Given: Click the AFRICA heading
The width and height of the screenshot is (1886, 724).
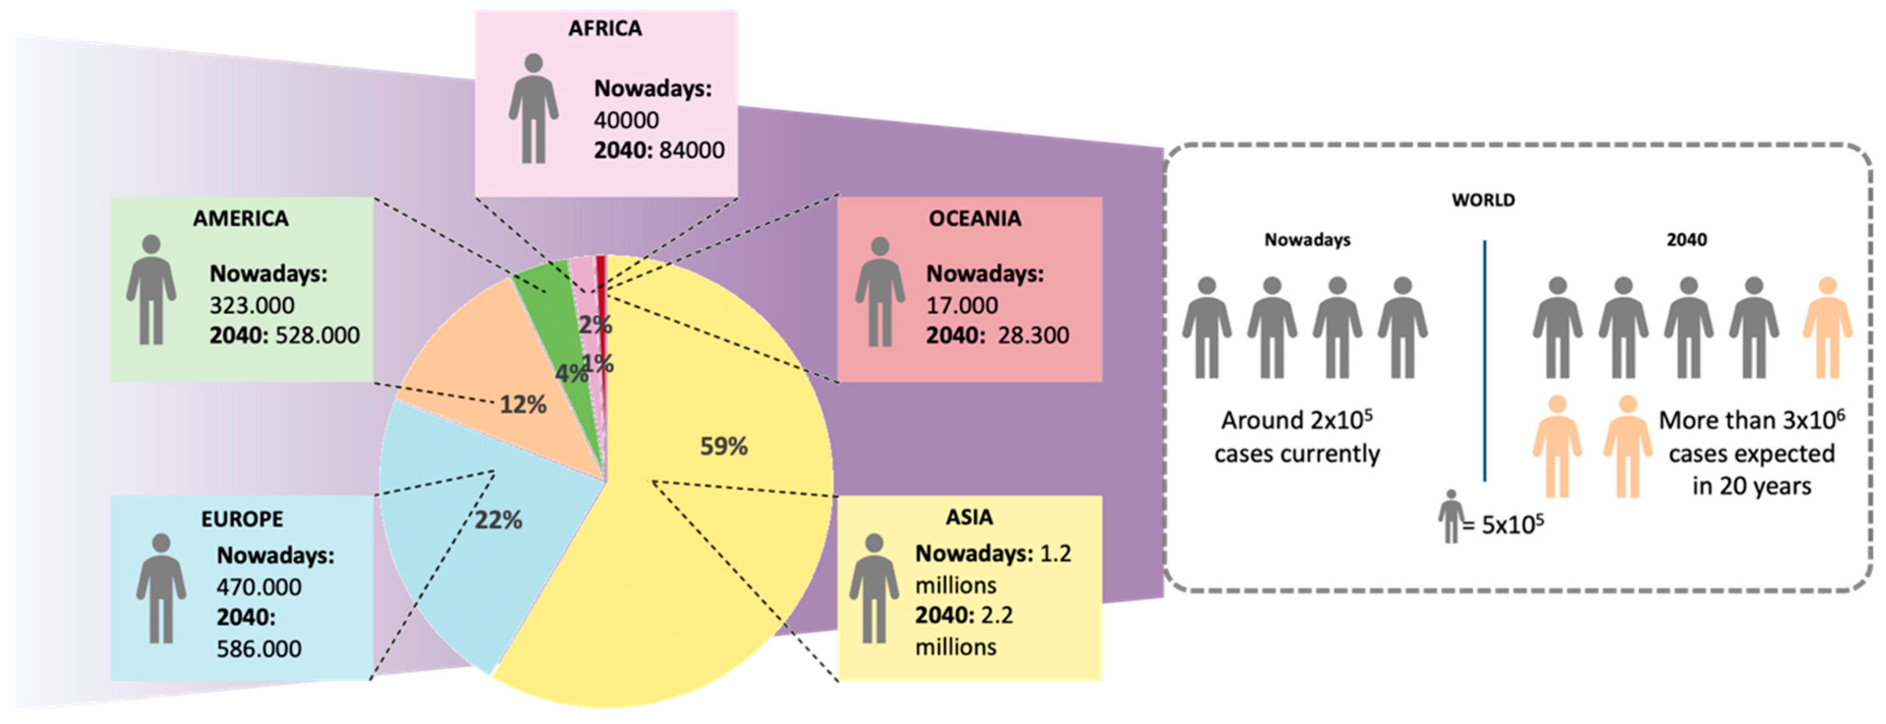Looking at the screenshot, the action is point(605,28).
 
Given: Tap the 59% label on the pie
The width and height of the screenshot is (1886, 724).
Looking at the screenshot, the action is point(723,446).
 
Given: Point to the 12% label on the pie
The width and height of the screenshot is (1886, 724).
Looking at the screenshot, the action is point(523,404).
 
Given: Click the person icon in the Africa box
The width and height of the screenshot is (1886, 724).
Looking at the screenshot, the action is point(534,109).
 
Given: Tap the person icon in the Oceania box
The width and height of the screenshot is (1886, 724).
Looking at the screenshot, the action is point(880,291).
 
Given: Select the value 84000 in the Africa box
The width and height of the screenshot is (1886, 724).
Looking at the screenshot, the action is point(692,150).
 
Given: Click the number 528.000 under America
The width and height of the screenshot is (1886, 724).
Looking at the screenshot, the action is point(318,335).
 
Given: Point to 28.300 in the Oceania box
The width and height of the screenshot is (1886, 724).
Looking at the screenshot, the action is point(1033,335).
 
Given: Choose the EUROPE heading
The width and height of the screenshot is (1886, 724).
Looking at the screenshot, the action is point(242,519).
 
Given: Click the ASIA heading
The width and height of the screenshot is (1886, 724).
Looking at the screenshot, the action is point(969,518).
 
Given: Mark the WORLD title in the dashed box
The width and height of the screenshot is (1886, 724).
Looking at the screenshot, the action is point(1484,200).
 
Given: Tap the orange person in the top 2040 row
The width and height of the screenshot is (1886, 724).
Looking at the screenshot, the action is point(1828,327).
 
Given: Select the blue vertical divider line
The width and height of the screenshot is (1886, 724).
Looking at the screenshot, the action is point(1485,360).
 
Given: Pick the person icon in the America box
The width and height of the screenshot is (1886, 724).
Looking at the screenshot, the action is point(151,290).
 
